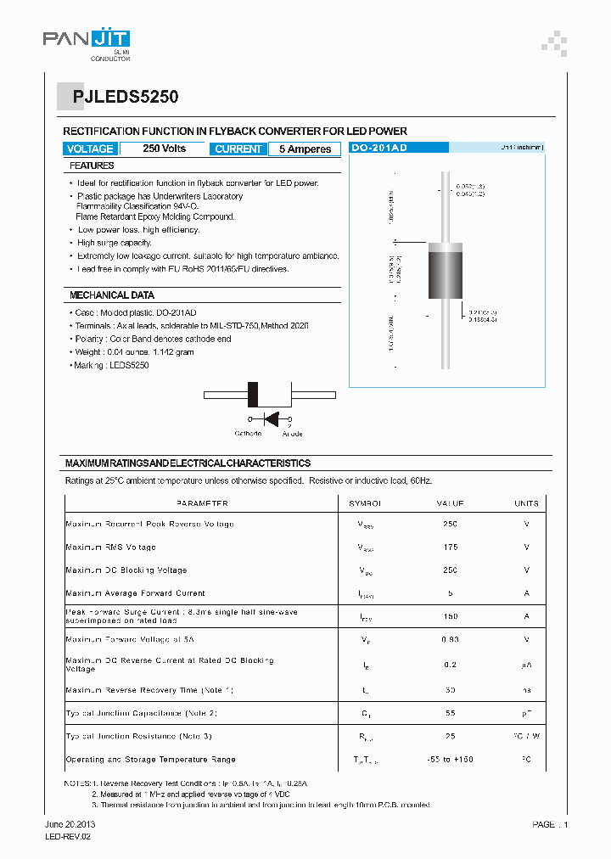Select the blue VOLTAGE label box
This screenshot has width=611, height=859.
pos(89,149)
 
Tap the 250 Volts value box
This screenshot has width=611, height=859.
pos(164,149)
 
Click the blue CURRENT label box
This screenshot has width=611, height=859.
pos(238,149)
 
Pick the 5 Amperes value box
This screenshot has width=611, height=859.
pos(305,149)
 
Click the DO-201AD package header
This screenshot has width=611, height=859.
pos(379,148)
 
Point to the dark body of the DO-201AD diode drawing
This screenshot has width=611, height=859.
pos(445,272)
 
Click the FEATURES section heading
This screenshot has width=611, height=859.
pos(92,166)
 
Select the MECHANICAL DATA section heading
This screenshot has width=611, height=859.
pos(112,295)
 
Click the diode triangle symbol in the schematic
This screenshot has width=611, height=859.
pos(272,418)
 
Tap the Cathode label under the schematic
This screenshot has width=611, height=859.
pos(248,434)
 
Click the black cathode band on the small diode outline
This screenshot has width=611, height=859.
pos(252,395)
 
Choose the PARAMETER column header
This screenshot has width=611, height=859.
pos(202,503)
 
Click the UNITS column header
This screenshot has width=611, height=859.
pos(526,503)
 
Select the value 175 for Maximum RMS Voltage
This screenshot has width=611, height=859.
pos(450,547)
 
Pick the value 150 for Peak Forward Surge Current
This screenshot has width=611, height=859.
pos(450,616)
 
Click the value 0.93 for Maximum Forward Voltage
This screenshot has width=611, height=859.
pos(450,639)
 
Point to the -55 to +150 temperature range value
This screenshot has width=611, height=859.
pos(450,760)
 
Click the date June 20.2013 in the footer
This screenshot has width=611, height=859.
pos(69,824)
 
